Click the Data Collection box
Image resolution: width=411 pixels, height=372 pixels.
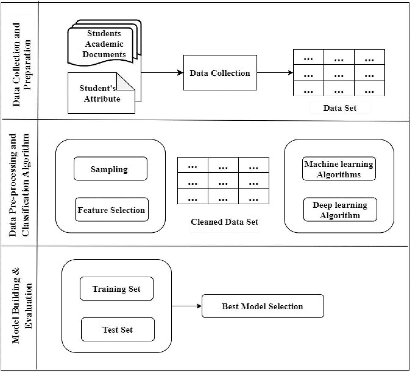220,73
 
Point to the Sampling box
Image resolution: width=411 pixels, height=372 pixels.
110,169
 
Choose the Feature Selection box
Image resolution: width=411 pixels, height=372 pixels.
111,210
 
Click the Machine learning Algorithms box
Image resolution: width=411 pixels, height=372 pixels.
339,169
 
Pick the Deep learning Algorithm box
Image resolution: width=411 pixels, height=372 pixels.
340,210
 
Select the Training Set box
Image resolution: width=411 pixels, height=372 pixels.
116,289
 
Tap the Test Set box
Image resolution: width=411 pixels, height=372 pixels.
118,330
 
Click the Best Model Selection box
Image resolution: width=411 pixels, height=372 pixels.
263,306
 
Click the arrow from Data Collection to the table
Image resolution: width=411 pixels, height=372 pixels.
275,73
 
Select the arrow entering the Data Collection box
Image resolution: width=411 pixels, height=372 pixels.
162,73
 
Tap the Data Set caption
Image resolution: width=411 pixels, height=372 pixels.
340,108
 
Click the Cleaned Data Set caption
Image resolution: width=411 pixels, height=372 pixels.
224,222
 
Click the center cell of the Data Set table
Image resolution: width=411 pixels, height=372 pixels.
339,73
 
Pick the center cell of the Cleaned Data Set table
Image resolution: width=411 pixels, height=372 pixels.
223,181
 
